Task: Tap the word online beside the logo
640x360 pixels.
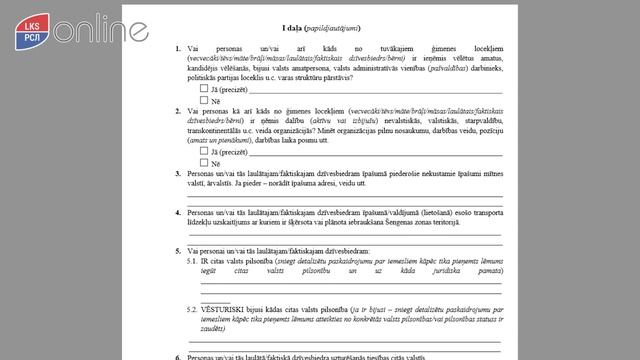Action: [72, 30]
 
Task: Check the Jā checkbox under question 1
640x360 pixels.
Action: [204, 87]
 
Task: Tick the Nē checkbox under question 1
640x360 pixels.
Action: [204, 100]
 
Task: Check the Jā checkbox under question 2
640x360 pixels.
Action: [204, 150]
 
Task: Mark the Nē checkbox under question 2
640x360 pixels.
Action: [204, 162]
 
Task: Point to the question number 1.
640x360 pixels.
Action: [178, 49]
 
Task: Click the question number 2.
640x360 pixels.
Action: [178, 113]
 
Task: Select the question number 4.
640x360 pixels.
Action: [178, 210]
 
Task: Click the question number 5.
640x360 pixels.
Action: [178, 248]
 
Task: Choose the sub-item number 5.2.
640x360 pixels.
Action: [192, 310]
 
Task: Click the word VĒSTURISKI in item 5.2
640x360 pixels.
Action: [226, 310]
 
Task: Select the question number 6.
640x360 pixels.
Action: [178, 357]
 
